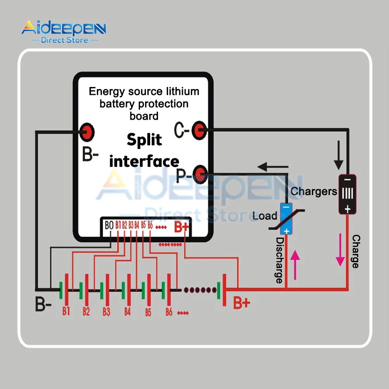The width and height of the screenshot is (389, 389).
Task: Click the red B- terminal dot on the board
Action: (x=88, y=132)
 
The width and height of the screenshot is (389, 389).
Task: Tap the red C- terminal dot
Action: (x=200, y=130)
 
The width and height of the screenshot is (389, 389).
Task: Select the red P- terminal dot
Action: (x=200, y=173)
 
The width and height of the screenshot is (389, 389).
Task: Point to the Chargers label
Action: (x=314, y=191)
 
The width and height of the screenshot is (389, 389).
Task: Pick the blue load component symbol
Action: (x=287, y=219)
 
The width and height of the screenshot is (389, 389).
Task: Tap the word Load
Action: (x=265, y=216)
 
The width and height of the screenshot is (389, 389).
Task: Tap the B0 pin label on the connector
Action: (x=109, y=225)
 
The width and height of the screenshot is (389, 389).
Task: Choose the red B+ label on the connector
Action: (x=181, y=227)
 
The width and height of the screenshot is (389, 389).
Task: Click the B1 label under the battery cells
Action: (x=66, y=311)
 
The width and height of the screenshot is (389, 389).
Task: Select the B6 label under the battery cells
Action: (x=169, y=312)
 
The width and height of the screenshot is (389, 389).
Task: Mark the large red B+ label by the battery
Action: (x=241, y=302)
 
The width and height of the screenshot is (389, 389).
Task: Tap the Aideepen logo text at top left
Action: (x=64, y=28)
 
